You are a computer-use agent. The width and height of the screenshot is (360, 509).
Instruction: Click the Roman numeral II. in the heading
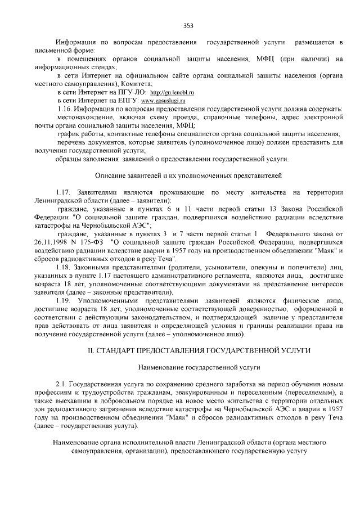point(94,350)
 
